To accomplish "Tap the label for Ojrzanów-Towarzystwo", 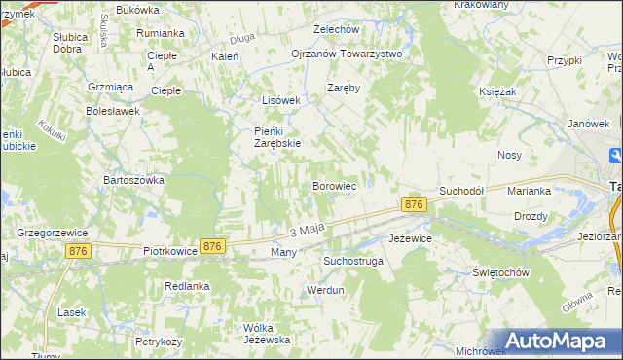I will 347,54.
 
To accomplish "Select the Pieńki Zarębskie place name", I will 277,136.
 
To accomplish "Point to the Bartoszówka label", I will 134,180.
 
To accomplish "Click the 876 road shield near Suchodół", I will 414,204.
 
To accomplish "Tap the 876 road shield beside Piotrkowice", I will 213,247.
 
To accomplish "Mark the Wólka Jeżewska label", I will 267,333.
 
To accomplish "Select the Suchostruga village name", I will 353,261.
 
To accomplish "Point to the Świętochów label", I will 499,272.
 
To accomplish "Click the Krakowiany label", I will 481,5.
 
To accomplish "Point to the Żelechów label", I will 337,29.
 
